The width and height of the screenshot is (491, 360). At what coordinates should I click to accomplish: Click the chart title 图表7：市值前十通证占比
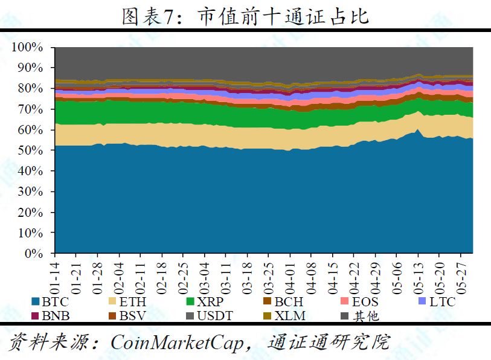245,17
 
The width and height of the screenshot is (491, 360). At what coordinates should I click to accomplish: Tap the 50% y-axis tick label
30,151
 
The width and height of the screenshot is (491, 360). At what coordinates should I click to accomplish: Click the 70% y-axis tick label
30,109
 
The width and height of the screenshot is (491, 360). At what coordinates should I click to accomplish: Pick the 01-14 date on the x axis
59,274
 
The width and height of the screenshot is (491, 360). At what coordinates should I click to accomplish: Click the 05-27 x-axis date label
461,274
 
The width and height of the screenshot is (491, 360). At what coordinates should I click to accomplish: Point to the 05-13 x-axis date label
419,274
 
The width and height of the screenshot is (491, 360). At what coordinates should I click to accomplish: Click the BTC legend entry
52,301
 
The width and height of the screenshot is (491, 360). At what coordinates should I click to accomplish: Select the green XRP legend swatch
190,301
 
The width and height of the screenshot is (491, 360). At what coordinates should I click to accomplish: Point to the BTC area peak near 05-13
417,130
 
